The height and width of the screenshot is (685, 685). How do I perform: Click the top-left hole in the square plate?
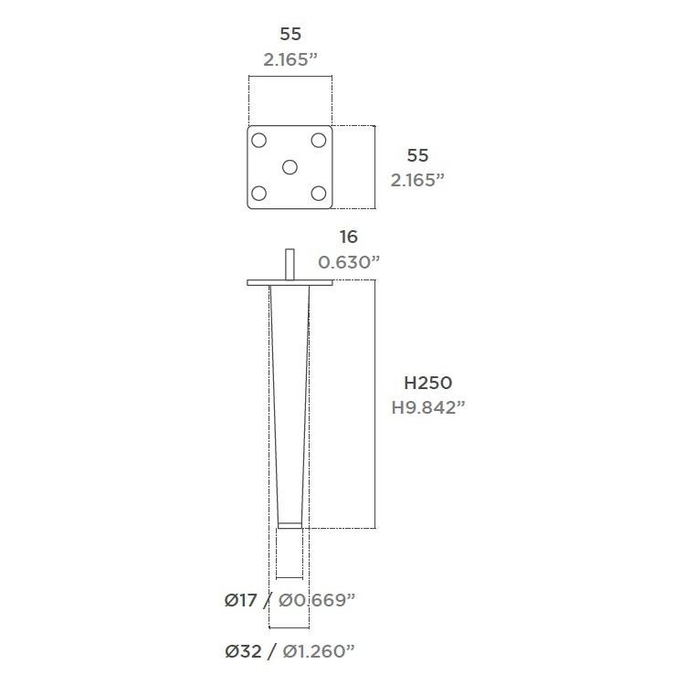coord(259,141)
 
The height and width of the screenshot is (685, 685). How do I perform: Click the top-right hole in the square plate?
coord(319,141)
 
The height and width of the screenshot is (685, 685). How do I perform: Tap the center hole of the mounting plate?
coord(290,167)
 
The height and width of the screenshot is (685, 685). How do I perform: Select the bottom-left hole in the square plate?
coord(259,193)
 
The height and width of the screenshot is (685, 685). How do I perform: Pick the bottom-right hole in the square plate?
coord(319,193)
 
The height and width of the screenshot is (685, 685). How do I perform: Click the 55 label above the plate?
coord(290,34)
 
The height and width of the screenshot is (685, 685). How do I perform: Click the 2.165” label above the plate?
coord(290,59)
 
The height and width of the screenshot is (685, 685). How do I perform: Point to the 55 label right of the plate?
coord(417,155)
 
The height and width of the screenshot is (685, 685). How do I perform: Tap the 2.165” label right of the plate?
coord(417,180)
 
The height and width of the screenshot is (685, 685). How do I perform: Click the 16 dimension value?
coord(349,237)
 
